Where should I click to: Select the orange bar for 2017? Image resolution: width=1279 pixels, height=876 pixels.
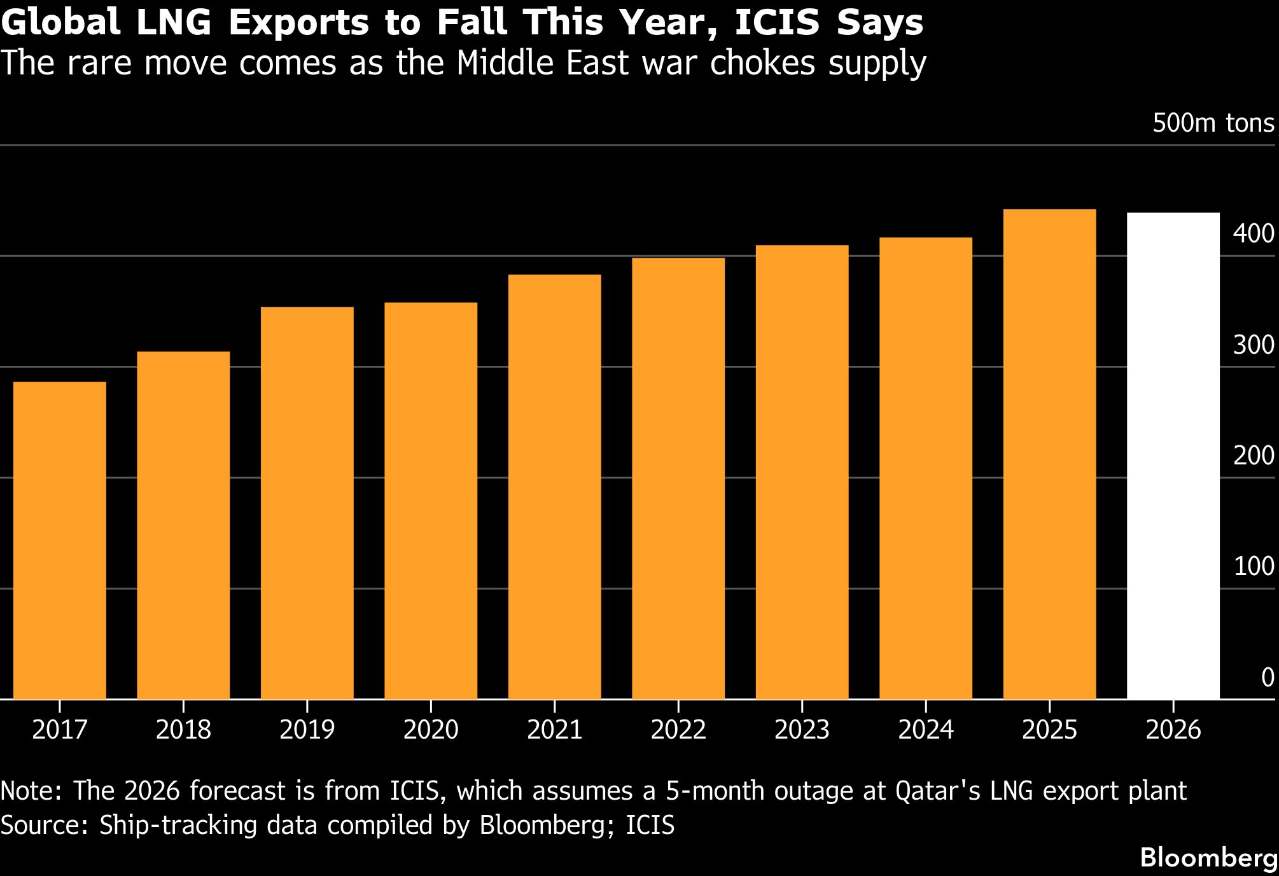[59, 540]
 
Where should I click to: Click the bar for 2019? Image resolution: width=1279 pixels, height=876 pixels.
[307, 503]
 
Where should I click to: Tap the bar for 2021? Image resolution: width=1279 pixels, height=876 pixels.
[554, 487]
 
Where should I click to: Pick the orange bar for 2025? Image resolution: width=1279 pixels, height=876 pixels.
[1049, 454]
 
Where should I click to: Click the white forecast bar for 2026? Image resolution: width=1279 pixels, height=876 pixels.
[1173, 455]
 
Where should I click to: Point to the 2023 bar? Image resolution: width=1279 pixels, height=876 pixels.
[802, 472]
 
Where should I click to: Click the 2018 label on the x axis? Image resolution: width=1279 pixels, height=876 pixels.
[183, 730]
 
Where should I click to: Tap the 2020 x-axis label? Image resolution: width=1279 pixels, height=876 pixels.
[431, 730]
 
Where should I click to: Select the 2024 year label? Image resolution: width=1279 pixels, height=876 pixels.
[926, 730]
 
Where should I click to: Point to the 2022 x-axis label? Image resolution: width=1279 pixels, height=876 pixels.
[678, 730]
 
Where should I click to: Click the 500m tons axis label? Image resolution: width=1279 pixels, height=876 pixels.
[1213, 123]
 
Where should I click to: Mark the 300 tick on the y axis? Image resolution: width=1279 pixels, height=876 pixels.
[1254, 345]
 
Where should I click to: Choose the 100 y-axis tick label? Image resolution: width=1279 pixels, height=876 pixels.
[1254, 566]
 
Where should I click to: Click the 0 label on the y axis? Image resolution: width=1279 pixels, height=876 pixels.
[1267, 678]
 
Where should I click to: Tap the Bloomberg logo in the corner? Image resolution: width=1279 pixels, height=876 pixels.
[1208, 858]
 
